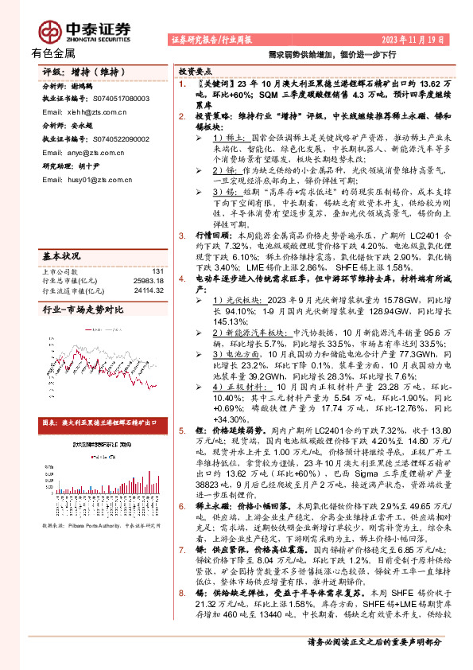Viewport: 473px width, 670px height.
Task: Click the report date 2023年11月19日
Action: (405, 38)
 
